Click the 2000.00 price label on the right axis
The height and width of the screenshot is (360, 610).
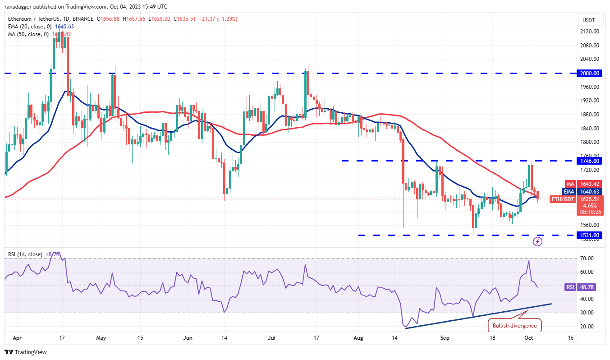point(590,73)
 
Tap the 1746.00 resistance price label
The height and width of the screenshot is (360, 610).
point(590,161)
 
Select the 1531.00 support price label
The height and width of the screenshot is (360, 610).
point(590,235)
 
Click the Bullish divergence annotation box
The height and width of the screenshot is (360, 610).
point(514,325)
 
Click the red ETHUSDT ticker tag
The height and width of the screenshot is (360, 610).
point(563,199)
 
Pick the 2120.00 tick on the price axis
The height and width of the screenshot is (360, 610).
point(589,32)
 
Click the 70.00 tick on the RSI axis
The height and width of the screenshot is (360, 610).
point(586,258)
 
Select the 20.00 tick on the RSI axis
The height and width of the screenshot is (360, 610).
point(586,326)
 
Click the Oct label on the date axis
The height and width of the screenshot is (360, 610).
point(529,337)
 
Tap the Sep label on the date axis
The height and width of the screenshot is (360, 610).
point(445,337)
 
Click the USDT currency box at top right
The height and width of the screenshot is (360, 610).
point(589,20)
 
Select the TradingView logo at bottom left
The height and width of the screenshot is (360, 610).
point(26,351)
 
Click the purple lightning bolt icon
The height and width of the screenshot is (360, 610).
point(537,241)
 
